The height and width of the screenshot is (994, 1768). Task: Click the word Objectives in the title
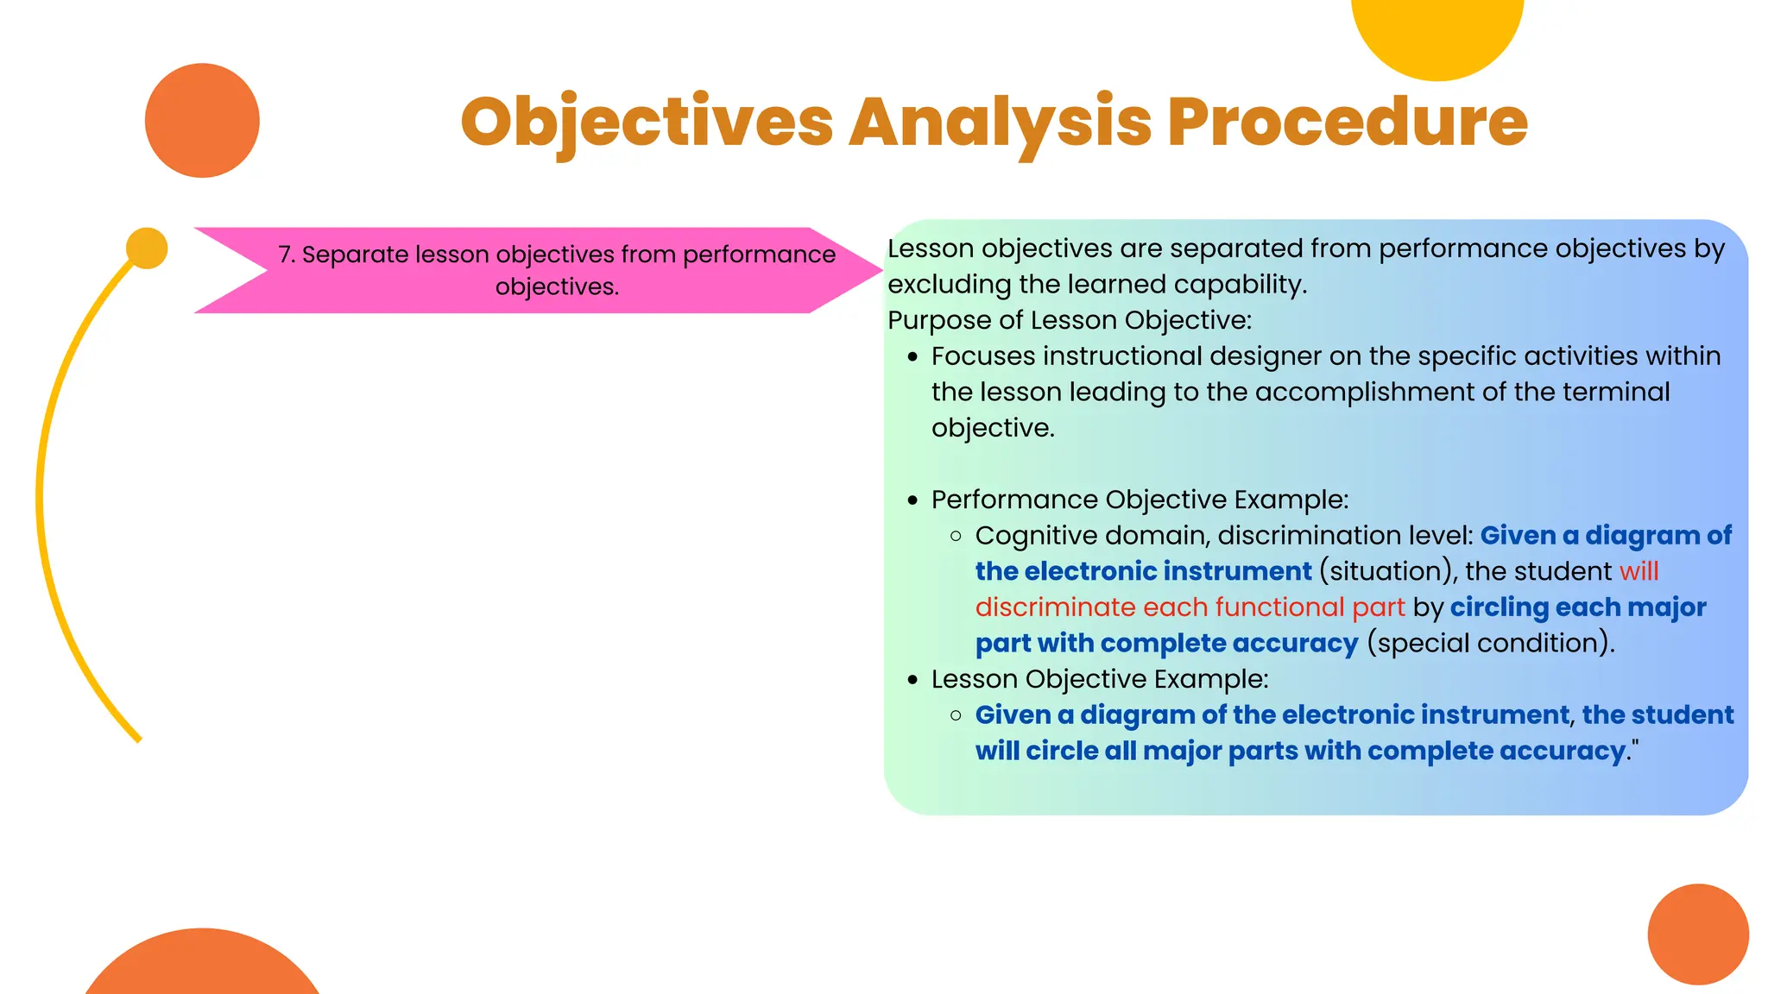(647, 122)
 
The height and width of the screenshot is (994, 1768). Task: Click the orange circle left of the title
(202, 121)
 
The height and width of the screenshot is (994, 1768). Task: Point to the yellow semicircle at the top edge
(1437, 35)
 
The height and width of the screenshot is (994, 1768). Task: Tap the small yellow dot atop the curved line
(147, 248)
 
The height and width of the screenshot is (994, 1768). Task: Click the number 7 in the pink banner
(285, 255)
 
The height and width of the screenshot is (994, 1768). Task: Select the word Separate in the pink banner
(355, 255)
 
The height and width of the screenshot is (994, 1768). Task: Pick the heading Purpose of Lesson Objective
(1069, 320)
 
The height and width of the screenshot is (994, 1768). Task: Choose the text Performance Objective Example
(1139, 500)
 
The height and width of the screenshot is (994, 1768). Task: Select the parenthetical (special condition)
(1490, 643)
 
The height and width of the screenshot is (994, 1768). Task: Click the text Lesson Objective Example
(1099, 679)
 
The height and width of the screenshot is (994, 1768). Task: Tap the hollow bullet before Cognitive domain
(956, 536)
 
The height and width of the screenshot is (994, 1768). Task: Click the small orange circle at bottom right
(1697, 934)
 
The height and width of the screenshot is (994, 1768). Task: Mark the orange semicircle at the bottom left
(203, 966)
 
